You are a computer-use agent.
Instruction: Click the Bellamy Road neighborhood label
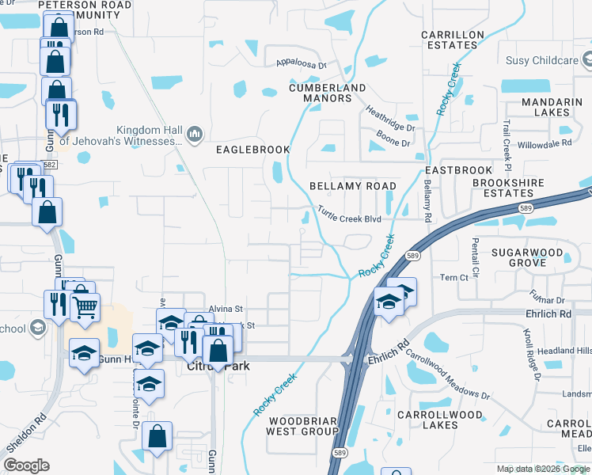coord(352,186)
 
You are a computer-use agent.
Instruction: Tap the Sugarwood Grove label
coord(526,257)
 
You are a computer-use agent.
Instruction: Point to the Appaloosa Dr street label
coord(301,63)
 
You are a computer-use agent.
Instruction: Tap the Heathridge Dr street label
coord(389,121)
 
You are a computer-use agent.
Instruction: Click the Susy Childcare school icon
coord(586,60)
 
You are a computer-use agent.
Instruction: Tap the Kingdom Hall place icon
coord(195,135)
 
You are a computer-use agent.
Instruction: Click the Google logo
coord(26,465)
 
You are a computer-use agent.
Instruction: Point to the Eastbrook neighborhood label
coord(447,171)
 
